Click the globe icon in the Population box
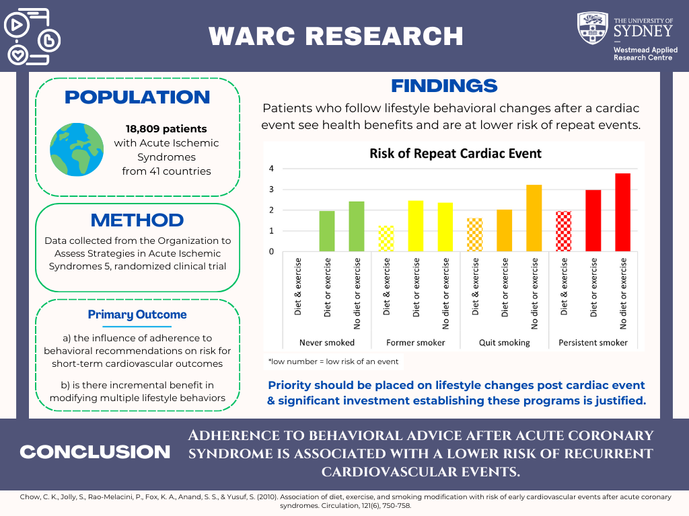coord(77,148)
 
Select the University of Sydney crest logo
coord(593,28)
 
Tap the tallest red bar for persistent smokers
coord(622,212)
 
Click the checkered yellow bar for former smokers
coord(386,239)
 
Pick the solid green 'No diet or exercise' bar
coord(357,226)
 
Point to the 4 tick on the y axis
coord(271,169)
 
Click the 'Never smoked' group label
coord(326,343)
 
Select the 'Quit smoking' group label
coord(505,343)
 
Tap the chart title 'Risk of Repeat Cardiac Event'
coord(456,153)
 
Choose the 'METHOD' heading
coord(137,220)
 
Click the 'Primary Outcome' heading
coord(137,314)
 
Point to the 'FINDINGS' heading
coord(444,86)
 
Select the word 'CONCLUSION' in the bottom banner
coord(95,452)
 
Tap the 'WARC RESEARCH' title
coord(336,36)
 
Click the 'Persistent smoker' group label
coord(593,343)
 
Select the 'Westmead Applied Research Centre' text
coord(645,54)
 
